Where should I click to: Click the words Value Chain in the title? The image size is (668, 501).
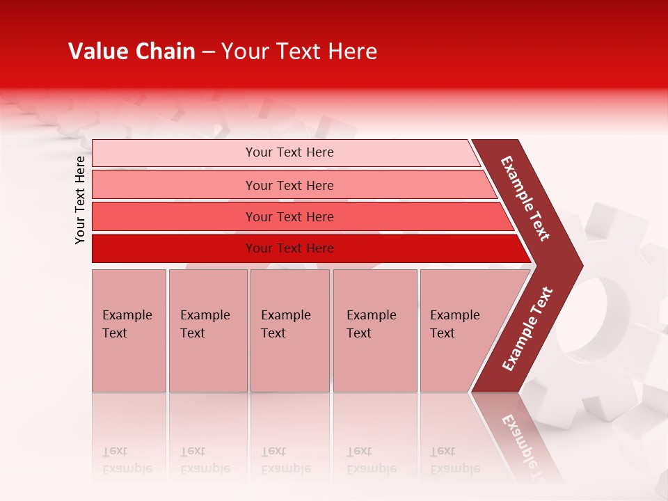[x=132, y=51]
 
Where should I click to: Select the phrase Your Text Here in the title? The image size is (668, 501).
[x=299, y=51]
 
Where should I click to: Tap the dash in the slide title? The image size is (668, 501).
[x=208, y=52]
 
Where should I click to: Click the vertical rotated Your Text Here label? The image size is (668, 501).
[x=80, y=200]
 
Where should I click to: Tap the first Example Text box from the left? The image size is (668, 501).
[x=129, y=331]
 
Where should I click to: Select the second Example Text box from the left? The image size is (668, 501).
[x=208, y=331]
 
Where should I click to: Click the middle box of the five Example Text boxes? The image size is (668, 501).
[x=289, y=331]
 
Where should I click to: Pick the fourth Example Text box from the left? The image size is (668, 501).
[x=375, y=331]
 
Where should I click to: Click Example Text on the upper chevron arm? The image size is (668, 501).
[x=525, y=198]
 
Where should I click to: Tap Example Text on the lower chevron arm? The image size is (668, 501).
[x=527, y=328]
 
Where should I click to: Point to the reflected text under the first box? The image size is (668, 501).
[x=127, y=460]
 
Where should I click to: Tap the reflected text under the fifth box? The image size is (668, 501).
[x=454, y=460]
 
